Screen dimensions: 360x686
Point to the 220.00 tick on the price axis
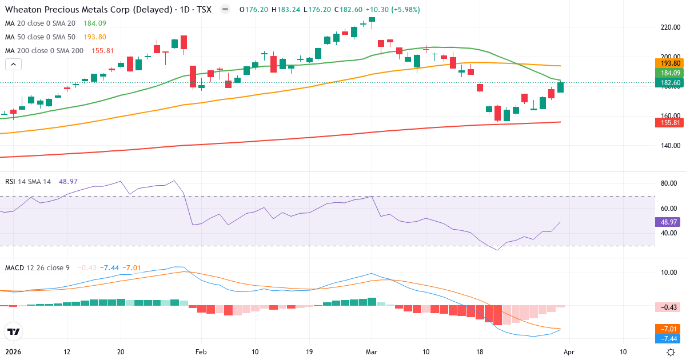[669, 27]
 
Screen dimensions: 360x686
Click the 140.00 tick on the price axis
[669, 146]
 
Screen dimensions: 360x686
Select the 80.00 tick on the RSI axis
[669, 183]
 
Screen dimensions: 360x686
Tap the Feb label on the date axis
[200, 352]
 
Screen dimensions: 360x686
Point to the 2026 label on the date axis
[13, 352]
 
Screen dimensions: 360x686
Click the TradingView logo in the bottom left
[13, 331]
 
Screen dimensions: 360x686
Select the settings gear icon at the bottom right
[671, 352]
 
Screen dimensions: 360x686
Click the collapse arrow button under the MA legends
[13, 64]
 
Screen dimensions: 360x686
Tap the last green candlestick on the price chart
[561, 87]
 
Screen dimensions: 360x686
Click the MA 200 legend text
[45, 50]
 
